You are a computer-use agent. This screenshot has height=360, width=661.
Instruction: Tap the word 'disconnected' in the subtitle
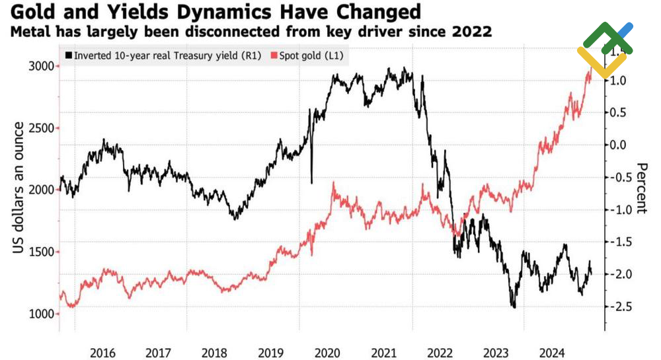tap(290, 32)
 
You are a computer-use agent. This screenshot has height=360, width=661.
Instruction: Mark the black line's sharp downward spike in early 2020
tap(311, 181)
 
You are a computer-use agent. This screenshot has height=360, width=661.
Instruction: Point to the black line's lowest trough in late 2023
tap(513, 306)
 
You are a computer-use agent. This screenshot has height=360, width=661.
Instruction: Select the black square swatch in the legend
tap(68, 55)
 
